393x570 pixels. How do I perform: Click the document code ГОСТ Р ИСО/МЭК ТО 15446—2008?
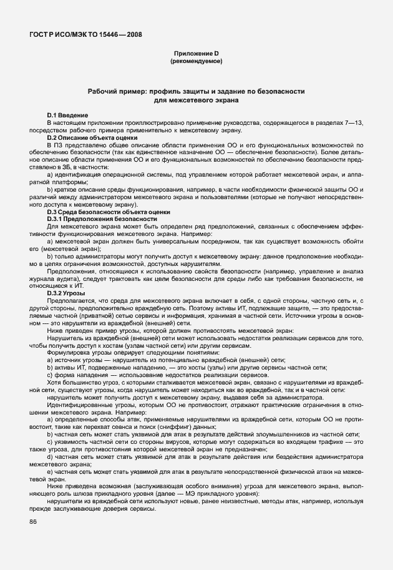84,34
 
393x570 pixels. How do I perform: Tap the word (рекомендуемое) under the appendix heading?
196,62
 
